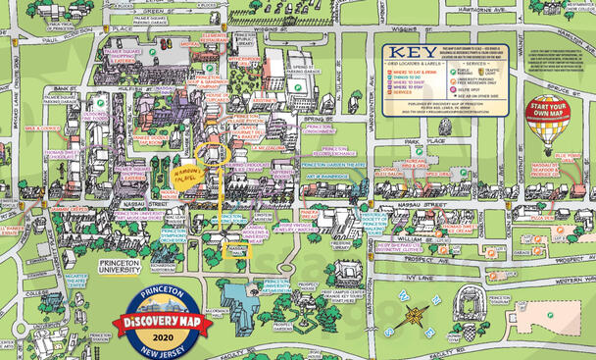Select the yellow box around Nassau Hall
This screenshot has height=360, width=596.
(x=239, y=247)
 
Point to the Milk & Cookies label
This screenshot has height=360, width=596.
(x=43, y=127)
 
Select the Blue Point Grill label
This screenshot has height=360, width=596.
(x=568, y=157)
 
